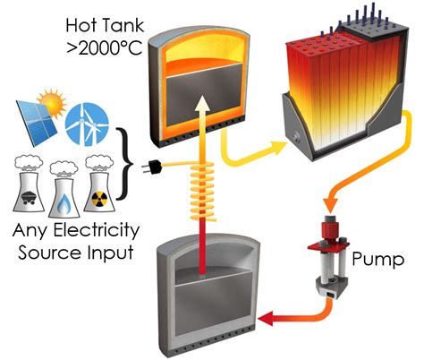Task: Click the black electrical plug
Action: coord(159,164)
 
